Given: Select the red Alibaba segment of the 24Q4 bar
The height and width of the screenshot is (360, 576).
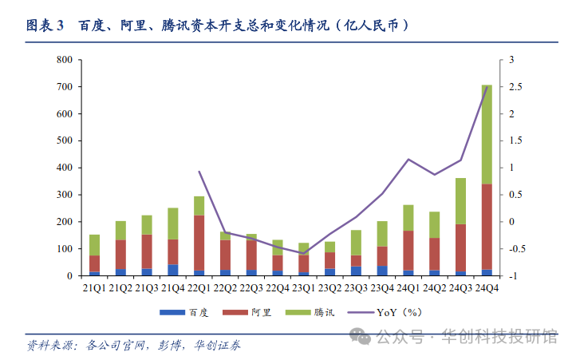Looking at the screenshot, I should (x=487, y=227).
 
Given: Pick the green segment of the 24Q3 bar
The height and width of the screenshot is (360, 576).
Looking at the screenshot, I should (x=460, y=201).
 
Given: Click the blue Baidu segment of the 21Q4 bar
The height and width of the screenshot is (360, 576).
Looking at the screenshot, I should (x=173, y=270).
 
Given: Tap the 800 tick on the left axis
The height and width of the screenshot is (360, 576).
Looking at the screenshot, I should (x=65, y=60).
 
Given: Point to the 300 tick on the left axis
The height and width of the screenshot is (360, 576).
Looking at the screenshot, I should (x=65, y=195).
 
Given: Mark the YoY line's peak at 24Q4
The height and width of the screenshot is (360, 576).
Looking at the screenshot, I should (x=487, y=87).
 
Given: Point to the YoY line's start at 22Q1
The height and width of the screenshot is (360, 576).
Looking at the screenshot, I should (x=199, y=172).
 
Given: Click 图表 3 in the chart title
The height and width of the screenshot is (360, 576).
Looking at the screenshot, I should (x=45, y=26).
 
